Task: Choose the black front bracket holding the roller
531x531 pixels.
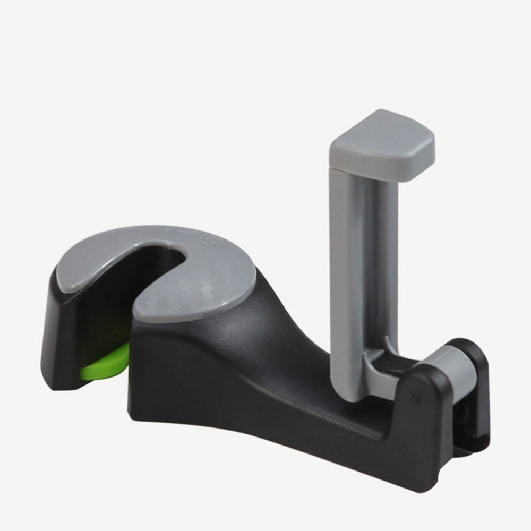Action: click(x=430, y=419)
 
